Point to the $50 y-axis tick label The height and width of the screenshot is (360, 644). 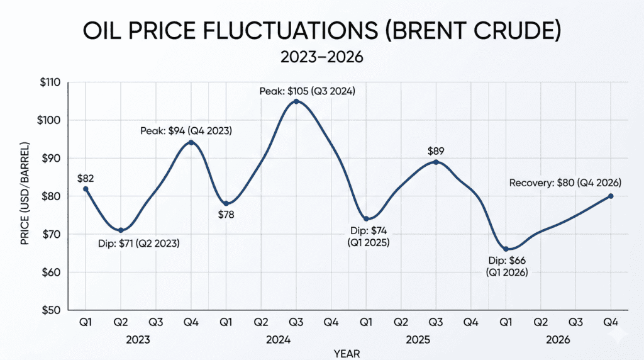click(x=48, y=310)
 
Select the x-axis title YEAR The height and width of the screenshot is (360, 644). click(x=347, y=352)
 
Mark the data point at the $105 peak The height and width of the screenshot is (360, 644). click(x=296, y=101)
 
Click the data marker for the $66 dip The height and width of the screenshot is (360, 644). click(x=506, y=249)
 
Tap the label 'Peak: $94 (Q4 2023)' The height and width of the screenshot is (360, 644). click(x=186, y=131)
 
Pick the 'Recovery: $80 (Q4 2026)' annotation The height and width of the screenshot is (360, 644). click(x=565, y=183)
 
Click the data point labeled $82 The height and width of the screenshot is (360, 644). click(x=86, y=189)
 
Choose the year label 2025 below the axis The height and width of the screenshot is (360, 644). click(x=418, y=340)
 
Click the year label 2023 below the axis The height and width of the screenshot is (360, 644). click(x=138, y=340)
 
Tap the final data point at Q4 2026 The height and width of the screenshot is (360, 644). click(x=611, y=196)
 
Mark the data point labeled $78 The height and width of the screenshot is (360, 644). click(x=226, y=204)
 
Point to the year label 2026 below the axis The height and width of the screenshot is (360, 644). click(x=557, y=340)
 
